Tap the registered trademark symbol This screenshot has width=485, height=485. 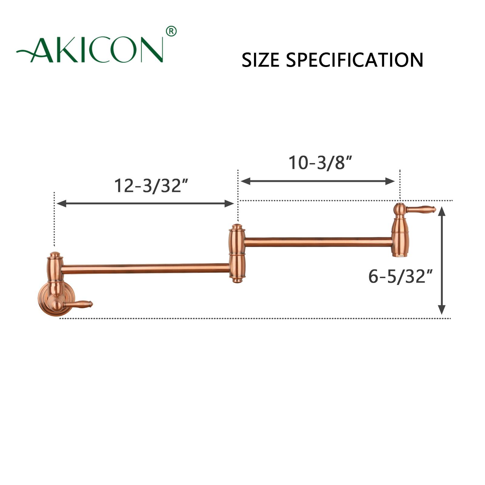[x=171, y=31]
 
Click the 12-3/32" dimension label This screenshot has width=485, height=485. [x=151, y=186]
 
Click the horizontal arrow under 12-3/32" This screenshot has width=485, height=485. [x=145, y=203]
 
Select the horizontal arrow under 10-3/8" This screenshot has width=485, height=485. [x=318, y=181]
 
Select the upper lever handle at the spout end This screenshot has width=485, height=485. [x=421, y=209]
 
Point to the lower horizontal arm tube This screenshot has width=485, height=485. [x=145, y=269]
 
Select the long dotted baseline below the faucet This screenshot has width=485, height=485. [x=255, y=318]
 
